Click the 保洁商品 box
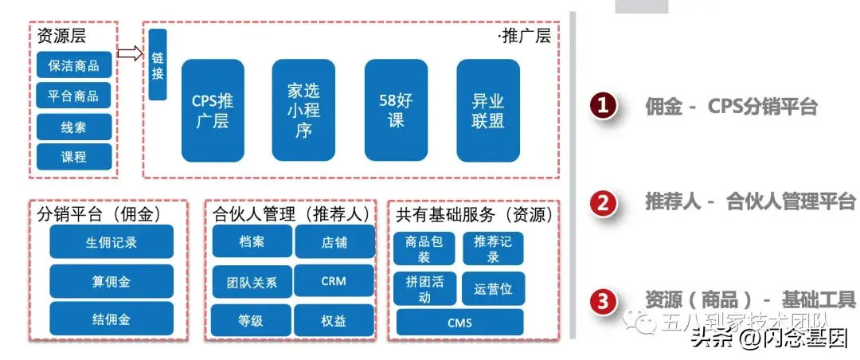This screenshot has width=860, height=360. (x=74, y=66)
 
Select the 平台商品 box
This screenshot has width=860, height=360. (x=74, y=96)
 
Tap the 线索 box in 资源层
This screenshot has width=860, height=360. (x=74, y=127)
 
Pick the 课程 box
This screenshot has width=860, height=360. (x=74, y=157)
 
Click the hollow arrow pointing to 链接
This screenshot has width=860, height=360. (x=129, y=53)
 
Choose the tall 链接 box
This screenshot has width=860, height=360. (x=158, y=65)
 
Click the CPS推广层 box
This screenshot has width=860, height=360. (x=213, y=111)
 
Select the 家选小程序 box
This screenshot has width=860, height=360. (x=303, y=110)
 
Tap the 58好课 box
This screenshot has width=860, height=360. (x=396, y=110)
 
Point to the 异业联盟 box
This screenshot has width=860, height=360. (x=488, y=110)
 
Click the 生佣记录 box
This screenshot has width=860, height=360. (x=111, y=242)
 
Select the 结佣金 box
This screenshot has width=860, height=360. (x=111, y=319)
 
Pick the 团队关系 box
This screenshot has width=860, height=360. (x=251, y=282)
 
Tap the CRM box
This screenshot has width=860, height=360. (x=334, y=281)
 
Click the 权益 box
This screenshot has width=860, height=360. (x=334, y=321)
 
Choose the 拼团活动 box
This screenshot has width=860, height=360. (x=424, y=289)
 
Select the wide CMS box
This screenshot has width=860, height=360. (x=459, y=322)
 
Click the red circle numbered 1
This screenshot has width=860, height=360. (x=604, y=107)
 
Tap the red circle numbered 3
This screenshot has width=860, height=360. (x=604, y=301)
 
